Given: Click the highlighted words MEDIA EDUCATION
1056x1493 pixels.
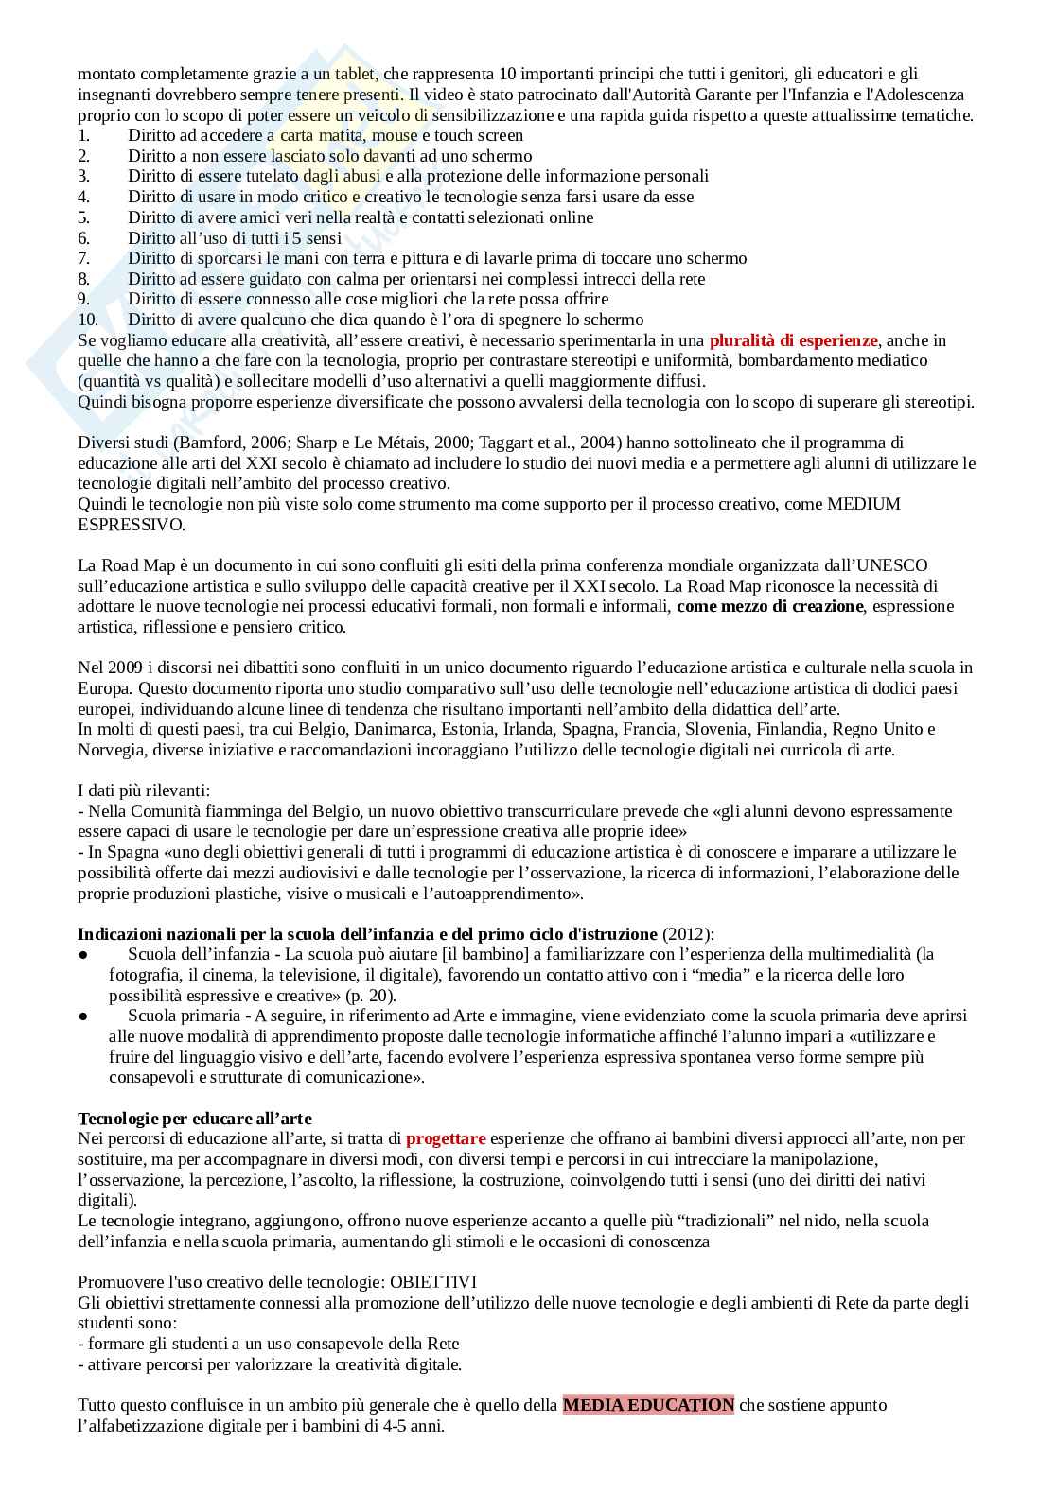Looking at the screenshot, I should (648, 1404).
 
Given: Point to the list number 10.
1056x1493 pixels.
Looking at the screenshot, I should (88, 320).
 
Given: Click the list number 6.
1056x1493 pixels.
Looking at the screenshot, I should (83, 237).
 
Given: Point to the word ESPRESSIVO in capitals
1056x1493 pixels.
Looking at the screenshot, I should (132, 524).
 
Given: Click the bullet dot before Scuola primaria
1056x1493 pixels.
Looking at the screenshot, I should (83, 1016).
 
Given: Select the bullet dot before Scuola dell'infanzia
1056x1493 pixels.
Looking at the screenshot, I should (83, 954).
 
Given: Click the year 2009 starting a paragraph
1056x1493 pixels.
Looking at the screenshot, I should (120, 668).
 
